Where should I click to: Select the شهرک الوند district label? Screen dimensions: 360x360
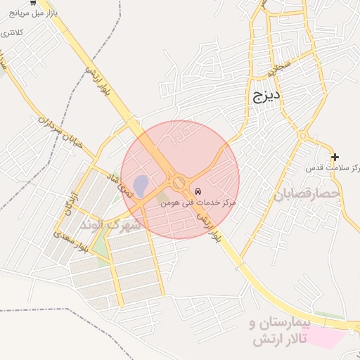tap(111, 225)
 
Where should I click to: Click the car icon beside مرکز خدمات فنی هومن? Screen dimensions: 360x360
tap(198, 191)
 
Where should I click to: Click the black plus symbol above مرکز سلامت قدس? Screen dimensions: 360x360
tap(335, 157)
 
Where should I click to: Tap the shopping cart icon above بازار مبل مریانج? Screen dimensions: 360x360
tap(34, 3)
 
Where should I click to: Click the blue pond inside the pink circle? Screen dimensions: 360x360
tap(141, 186)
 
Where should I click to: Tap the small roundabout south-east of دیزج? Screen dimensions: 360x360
tap(303, 135)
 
